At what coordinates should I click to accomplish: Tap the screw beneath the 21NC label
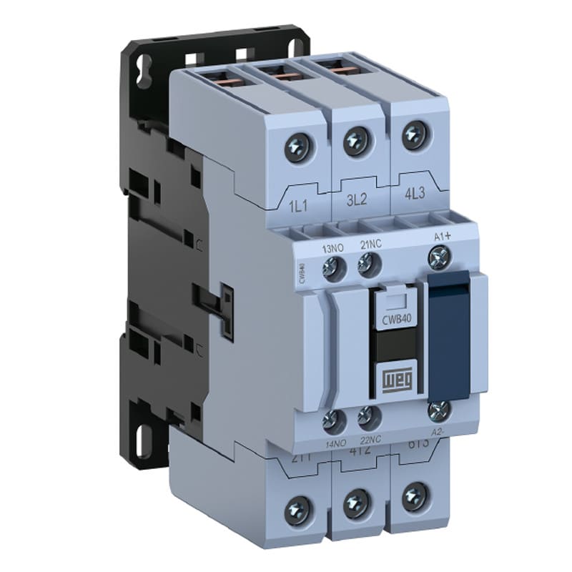(368, 268)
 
